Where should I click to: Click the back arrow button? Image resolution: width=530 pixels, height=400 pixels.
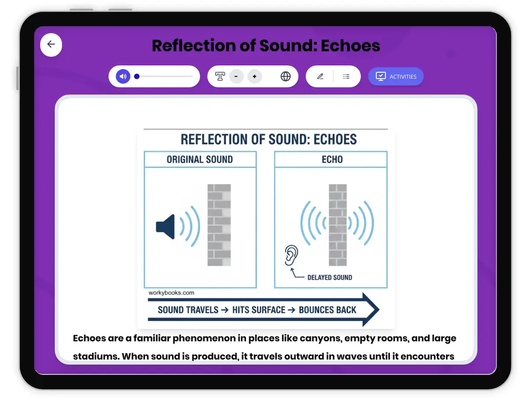click(x=51, y=44)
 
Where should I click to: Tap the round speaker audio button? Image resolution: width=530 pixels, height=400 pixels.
click(x=123, y=76)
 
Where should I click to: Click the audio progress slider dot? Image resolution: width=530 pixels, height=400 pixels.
click(x=137, y=76)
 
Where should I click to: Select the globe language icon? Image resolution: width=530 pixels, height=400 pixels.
click(x=286, y=76)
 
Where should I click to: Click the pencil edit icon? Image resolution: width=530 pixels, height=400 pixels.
click(x=320, y=76)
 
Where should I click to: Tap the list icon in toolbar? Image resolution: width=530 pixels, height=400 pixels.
click(x=346, y=76)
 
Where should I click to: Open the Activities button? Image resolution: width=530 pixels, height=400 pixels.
click(x=396, y=76)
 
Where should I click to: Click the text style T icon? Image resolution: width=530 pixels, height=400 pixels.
click(x=220, y=76)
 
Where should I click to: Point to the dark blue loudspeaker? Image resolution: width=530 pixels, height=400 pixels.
click(x=166, y=226)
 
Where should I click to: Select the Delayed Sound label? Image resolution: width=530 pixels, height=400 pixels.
click(x=329, y=277)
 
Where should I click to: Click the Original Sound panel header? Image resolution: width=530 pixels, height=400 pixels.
click(x=200, y=159)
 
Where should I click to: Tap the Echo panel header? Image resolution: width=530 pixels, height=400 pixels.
click(x=332, y=159)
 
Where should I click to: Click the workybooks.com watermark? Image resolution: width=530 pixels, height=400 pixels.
click(x=171, y=293)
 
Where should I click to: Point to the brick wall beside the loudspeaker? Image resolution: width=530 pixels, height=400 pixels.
click(x=219, y=225)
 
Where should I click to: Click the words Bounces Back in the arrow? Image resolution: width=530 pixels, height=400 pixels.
click(x=327, y=309)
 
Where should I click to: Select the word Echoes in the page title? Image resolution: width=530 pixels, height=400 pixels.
click(x=350, y=46)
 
